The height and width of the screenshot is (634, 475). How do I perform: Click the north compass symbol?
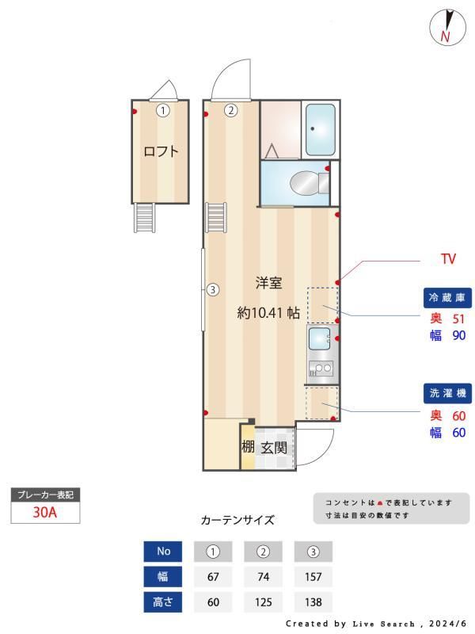click(447, 27)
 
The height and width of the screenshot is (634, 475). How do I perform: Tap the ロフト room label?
click(161, 151)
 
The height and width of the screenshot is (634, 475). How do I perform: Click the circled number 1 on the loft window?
click(163, 110)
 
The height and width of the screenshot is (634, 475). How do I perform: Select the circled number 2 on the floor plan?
click(231, 110)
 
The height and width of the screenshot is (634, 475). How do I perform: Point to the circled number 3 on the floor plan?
click(213, 289)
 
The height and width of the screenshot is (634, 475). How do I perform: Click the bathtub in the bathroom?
click(321, 129)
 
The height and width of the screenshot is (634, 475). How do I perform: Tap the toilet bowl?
click(304, 184)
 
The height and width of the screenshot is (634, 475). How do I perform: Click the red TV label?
click(448, 259)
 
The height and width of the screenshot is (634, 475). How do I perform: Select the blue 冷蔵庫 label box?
click(447, 298)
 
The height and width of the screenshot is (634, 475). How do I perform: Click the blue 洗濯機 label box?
click(447, 393)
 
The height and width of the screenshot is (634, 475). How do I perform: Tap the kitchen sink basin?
click(319, 338)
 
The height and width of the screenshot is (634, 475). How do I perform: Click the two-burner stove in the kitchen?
click(321, 369)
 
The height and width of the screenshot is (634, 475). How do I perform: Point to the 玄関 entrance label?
click(274, 448)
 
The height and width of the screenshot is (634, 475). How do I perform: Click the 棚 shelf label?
click(248, 447)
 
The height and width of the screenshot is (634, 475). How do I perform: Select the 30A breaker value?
click(45, 512)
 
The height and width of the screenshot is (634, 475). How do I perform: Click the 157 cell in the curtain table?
click(313, 577)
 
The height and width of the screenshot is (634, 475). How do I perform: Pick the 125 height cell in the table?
click(263, 602)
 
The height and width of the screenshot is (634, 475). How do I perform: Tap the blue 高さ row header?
click(163, 602)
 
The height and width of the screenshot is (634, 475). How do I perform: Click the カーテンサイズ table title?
click(237, 520)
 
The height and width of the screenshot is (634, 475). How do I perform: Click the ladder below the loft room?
click(144, 217)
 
